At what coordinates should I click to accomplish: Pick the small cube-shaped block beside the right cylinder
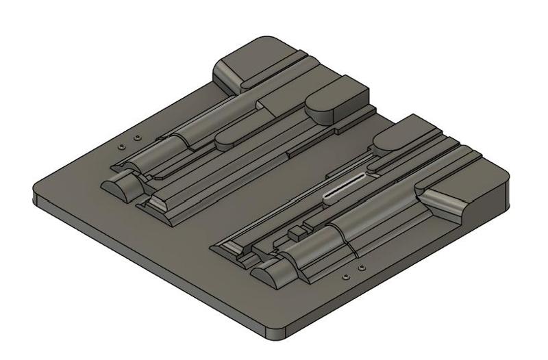295,233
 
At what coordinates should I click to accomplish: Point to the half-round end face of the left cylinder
117,187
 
